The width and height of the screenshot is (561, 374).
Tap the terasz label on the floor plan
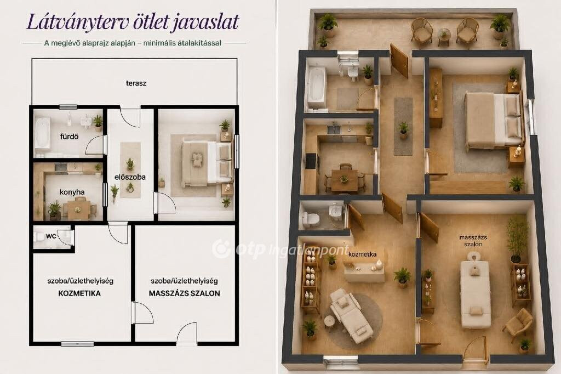(x=136, y=83)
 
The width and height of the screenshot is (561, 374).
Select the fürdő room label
(x=69, y=137)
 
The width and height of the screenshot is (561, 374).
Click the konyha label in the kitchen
(x=72, y=192)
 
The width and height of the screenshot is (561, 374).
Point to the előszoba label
(x=130, y=177)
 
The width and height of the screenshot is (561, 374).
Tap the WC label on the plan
(x=51, y=236)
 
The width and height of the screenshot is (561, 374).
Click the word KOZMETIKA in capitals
(x=79, y=293)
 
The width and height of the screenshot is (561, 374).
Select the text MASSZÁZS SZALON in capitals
(x=184, y=293)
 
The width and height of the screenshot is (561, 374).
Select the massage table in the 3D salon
(x=475, y=290)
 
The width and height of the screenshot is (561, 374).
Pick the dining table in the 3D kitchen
(x=344, y=180)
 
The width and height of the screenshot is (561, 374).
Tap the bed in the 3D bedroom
(x=493, y=120)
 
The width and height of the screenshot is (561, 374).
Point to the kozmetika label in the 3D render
(x=362, y=254)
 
